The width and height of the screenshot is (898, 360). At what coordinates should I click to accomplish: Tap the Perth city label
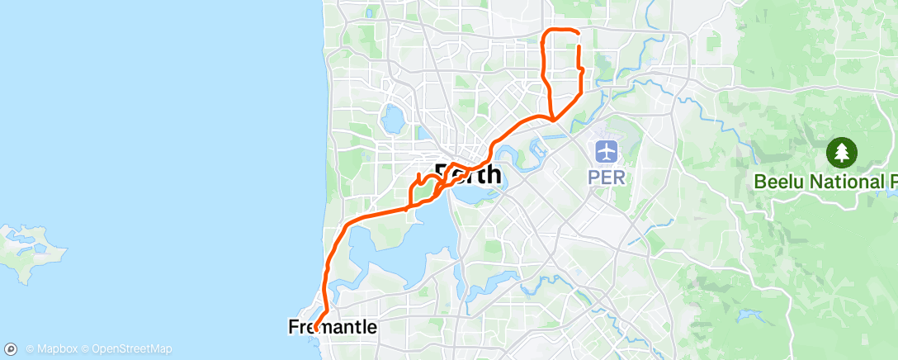tap(468, 174)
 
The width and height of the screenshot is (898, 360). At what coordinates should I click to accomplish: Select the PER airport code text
tap(607, 177)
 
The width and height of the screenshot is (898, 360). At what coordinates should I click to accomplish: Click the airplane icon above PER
tap(607, 152)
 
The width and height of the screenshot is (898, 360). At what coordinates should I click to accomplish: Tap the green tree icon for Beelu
tap(842, 152)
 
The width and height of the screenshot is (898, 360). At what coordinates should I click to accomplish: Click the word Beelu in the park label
tap(778, 181)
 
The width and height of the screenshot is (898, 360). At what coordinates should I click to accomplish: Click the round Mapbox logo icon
tap(12, 348)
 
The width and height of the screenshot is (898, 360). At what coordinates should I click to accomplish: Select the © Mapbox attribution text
tap(52, 349)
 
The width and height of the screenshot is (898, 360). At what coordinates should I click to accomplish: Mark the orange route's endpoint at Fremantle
tap(315, 330)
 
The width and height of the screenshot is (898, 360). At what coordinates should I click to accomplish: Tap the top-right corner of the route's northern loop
tap(577, 34)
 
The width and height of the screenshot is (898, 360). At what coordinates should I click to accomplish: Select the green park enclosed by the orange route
tap(423, 192)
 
